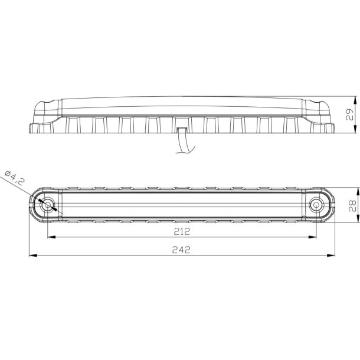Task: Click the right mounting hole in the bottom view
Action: point(317,205)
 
